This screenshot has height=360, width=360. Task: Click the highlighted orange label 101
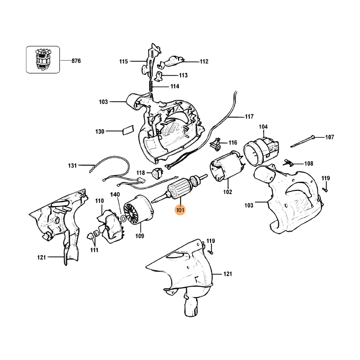(180, 209)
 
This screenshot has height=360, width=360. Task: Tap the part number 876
(76, 60)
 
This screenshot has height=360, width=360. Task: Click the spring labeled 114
(152, 84)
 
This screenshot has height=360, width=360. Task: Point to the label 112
(204, 61)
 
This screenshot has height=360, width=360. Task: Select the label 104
(263, 127)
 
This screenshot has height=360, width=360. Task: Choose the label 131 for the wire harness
(72, 166)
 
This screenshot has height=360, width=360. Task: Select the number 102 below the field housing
(227, 192)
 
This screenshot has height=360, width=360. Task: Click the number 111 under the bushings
(94, 250)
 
